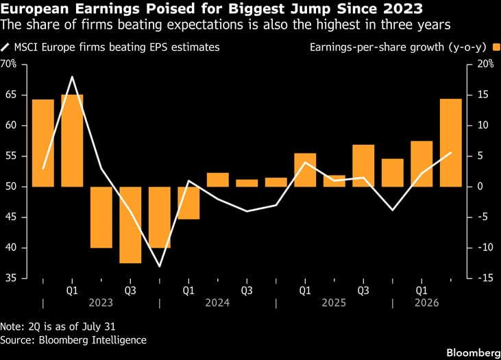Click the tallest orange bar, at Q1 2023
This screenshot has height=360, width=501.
(x=72, y=141)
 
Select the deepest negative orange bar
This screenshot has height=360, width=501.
(x=130, y=225)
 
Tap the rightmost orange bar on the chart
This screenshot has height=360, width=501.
(x=451, y=143)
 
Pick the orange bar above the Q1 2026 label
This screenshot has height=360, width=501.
(x=421, y=164)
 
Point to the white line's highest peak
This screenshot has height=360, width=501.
(x=72, y=77)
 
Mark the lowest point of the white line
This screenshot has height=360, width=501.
(x=160, y=266)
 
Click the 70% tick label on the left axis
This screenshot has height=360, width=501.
(x=8, y=64)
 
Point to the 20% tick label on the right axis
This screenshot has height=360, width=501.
(x=486, y=64)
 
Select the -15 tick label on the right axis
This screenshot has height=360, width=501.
(x=485, y=278)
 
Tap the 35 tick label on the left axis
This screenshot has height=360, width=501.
(x=11, y=278)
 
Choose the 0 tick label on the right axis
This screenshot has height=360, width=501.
(x=480, y=187)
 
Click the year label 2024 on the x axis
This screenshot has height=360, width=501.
(x=217, y=302)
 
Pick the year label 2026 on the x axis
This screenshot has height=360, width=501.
(x=427, y=302)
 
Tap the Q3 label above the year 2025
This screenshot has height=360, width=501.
(x=363, y=290)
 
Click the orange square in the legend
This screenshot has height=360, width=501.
(x=496, y=47)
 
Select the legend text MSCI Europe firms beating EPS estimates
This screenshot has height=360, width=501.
(x=117, y=47)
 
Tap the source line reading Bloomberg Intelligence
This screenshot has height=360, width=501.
(x=93, y=340)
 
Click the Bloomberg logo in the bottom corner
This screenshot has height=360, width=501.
(x=474, y=352)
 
